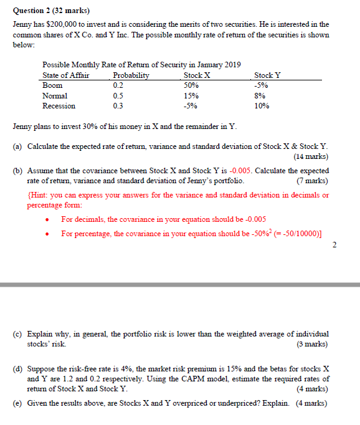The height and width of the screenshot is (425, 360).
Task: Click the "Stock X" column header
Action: coord(197,75)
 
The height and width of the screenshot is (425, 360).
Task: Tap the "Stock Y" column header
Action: coord(268,75)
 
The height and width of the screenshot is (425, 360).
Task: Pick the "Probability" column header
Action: coord(131,75)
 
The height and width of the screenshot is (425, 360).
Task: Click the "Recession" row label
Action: coord(58,106)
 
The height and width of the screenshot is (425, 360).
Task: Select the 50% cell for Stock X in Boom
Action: coord(191,85)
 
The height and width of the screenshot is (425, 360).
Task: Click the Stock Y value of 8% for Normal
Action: coord(260,96)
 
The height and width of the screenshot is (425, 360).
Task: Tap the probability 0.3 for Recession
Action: coord(118,106)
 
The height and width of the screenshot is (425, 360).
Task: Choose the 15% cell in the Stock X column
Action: coord(191,96)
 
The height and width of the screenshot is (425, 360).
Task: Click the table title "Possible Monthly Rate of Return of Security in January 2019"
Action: coord(141,65)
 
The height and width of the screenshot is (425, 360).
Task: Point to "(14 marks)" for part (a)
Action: coord(311,156)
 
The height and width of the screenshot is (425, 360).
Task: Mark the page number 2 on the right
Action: coord(335,244)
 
